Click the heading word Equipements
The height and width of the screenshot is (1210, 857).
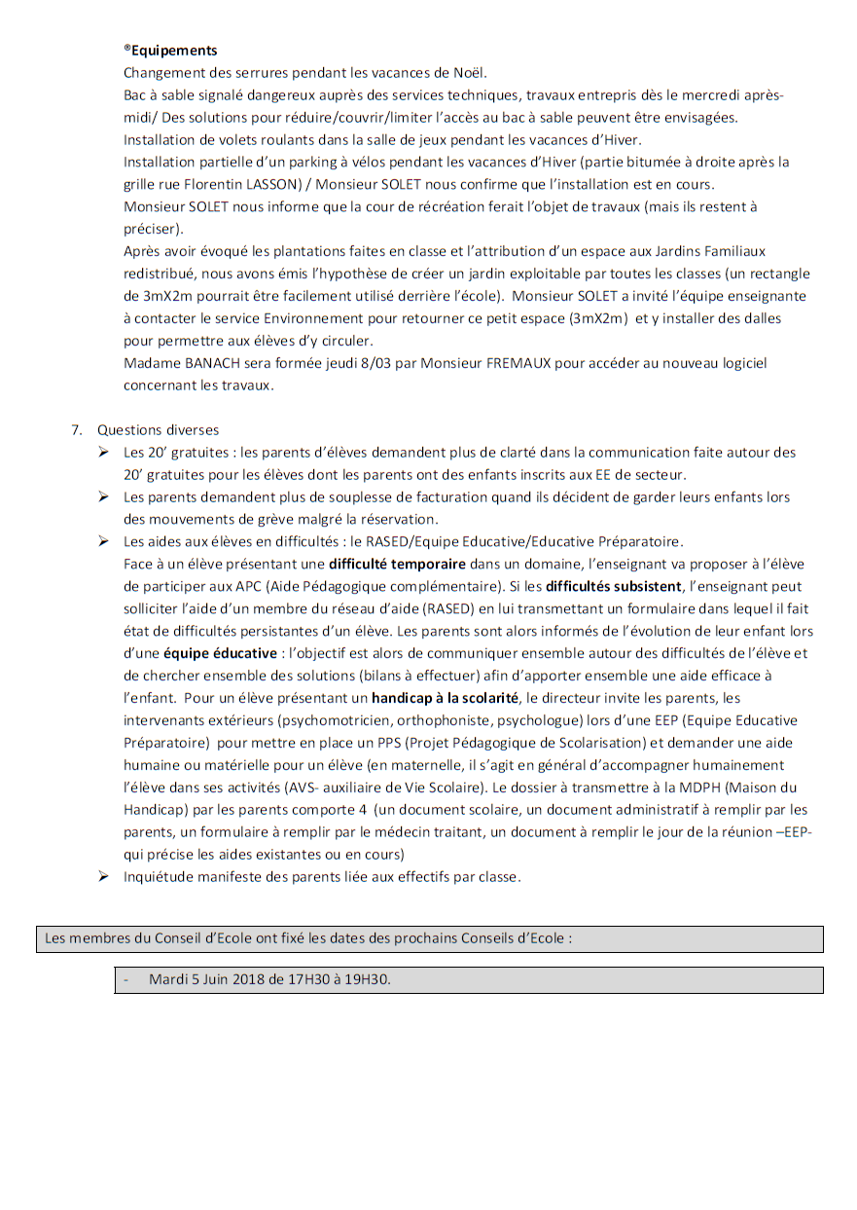(174, 51)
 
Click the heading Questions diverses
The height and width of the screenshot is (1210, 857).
(158, 429)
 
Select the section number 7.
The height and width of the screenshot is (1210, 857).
(75, 429)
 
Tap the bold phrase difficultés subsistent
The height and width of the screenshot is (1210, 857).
(613, 586)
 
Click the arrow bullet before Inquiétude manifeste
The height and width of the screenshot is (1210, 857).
(103, 876)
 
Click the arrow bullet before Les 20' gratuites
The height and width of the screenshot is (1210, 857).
(103, 452)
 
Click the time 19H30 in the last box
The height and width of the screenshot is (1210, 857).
(368, 979)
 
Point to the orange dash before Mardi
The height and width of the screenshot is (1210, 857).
(125, 979)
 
